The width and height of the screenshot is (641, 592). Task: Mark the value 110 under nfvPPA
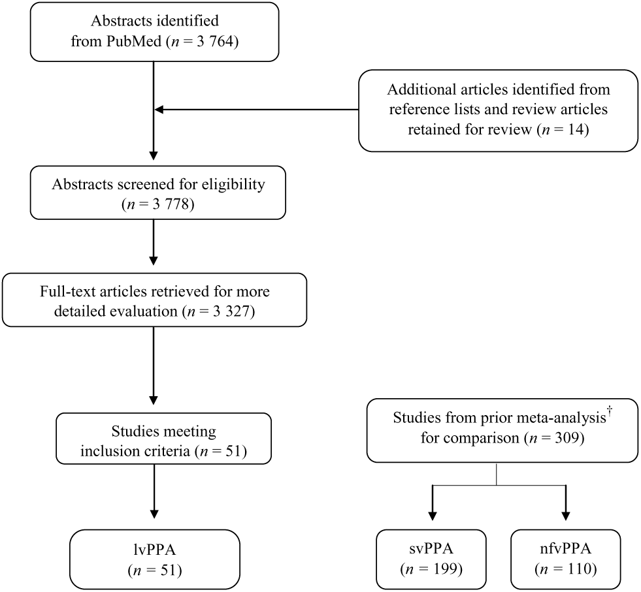(577, 569)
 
